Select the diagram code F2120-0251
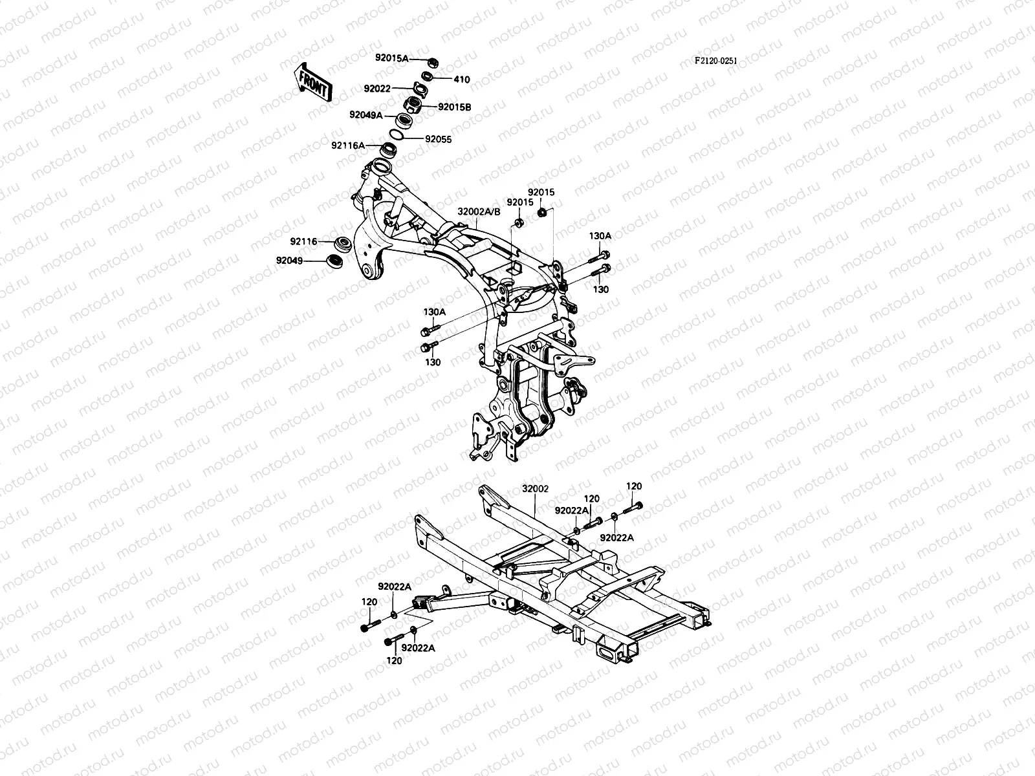(x=715, y=61)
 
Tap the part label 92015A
(x=391, y=58)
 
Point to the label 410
(x=461, y=80)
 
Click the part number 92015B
(x=454, y=107)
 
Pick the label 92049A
(x=384, y=115)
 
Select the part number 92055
(x=438, y=139)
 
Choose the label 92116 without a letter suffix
(x=303, y=241)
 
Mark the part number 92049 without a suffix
(x=289, y=261)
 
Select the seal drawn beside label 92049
(x=334, y=261)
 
